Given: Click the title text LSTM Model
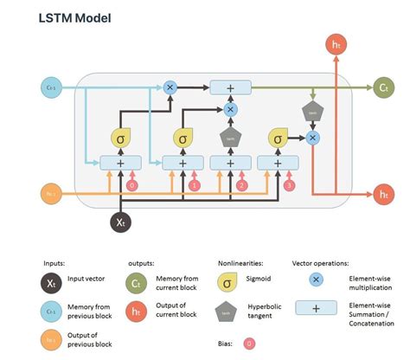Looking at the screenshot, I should pyautogui.click(x=74, y=17).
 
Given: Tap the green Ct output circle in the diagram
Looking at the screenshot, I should pyautogui.click(x=383, y=87).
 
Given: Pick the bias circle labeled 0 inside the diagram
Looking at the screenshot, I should pyautogui.click(x=132, y=184).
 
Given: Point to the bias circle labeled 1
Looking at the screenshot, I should pyautogui.click(x=195, y=184).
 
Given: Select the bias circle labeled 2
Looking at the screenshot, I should pyautogui.click(x=243, y=184).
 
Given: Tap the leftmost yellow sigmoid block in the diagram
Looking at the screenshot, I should pyautogui.click(x=121, y=138).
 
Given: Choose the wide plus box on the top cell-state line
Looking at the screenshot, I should pyautogui.click(x=229, y=87).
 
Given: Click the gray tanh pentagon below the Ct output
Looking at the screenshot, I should pyautogui.click(x=312, y=112).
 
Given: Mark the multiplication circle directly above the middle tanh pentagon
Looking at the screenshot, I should pyautogui.click(x=230, y=110).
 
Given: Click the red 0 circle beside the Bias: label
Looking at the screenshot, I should pyautogui.click(x=249, y=344).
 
